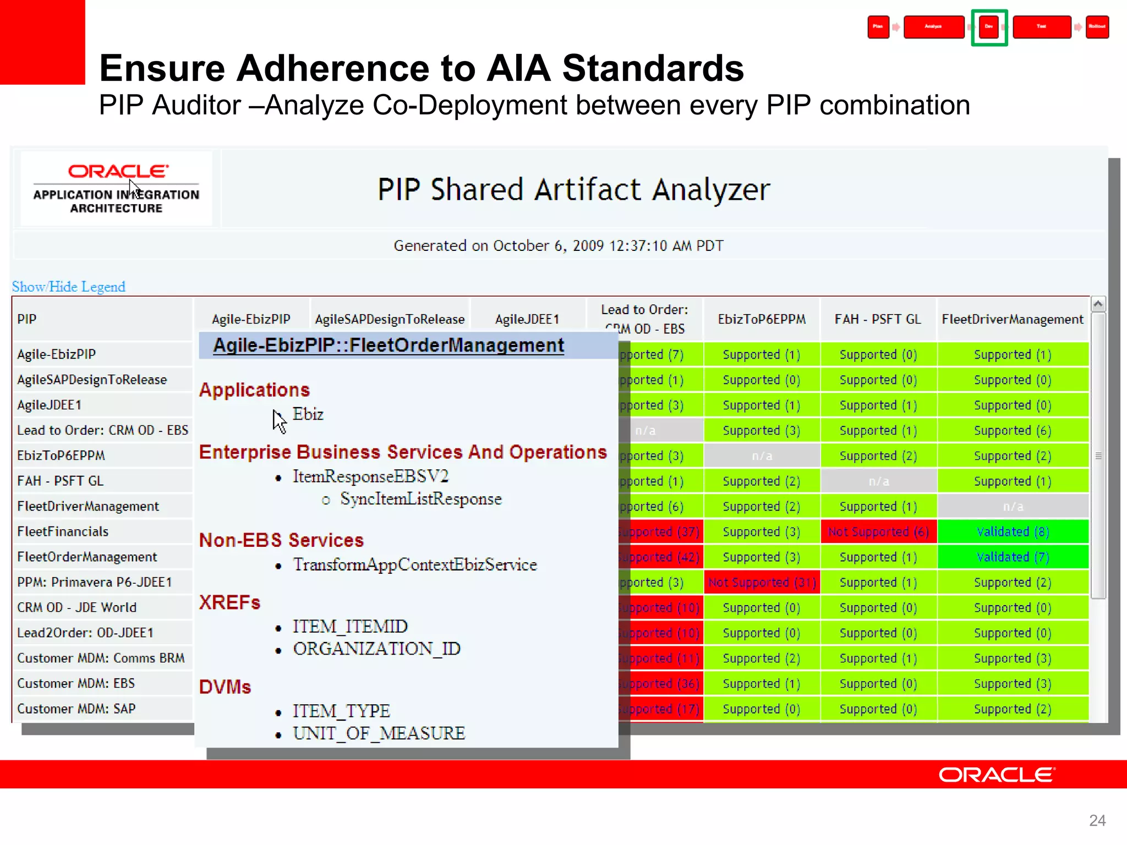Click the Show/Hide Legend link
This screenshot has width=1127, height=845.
point(69,287)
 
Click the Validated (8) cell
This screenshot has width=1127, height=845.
point(1013,531)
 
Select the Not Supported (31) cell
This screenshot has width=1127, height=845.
point(762,582)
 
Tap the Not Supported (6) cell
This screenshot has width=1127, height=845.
point(878,531)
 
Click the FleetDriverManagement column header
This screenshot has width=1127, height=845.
point(1012,319)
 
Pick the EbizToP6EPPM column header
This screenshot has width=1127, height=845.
point(762,319)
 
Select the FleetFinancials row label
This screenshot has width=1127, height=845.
point(63,531)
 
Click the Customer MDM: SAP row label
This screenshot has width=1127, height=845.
point(76,709)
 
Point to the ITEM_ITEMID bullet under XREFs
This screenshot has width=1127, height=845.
point(350,626)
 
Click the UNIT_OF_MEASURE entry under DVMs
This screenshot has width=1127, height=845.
point(379,733)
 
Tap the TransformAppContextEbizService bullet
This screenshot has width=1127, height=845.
point(414,564)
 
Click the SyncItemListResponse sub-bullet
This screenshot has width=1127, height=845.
point(420,499)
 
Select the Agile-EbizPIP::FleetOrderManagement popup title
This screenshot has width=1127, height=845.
point(389,345)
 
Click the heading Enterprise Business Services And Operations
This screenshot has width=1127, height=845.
point(402,452)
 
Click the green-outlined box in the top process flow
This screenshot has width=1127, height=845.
point(989,27)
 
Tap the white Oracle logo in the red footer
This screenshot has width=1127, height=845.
point(997,775)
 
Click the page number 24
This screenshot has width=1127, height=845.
point(1097,820)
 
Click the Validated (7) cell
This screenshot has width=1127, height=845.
point(1013,557)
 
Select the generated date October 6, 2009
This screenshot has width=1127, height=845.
point(558,245)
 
